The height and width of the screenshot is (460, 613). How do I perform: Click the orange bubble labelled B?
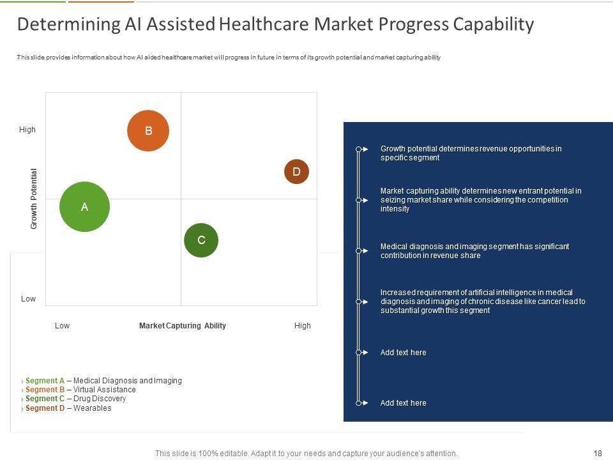[x=148, y=131]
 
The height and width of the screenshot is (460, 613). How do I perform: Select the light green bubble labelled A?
[x=84, y=206]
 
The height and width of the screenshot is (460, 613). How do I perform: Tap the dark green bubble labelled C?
[x=201, y=240]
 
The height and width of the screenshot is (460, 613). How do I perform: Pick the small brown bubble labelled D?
[x=296, y=172]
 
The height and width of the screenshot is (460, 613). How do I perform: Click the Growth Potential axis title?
[x=34, y=199]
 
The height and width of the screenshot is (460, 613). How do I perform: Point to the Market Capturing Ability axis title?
[x=183, y=326]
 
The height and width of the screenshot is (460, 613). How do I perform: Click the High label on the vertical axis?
[x=27, y=130]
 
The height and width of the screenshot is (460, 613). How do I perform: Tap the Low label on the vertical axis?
[x=28, y=299]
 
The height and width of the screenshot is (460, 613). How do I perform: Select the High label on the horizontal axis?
[x=302, y=326]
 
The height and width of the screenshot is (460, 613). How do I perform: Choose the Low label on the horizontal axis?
[x=62, y=326]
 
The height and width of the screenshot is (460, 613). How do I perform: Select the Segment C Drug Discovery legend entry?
[x=75, y=399]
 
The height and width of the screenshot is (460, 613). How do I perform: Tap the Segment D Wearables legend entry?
[x=68, y=408]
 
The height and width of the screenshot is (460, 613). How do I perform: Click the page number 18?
[x=598, y=454]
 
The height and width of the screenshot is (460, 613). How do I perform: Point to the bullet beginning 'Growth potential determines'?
[x=471, y=153]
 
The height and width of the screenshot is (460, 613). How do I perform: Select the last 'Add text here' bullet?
[x=403, y=403]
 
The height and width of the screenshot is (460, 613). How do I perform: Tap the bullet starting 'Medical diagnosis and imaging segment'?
[x=474, y=251]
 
